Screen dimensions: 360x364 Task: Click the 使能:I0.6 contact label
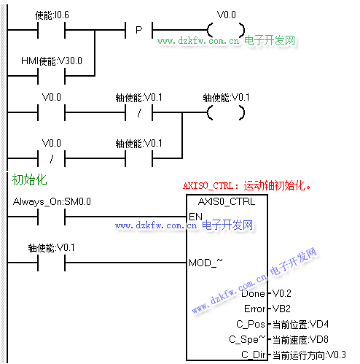(52, 15)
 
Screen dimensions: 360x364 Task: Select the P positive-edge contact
(138, 30)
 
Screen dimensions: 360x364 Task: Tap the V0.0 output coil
(226, 30)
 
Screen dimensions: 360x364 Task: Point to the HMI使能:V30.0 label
(52, 61)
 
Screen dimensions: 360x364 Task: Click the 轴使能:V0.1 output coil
(226, 112)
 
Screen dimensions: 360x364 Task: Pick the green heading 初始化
(29, 179)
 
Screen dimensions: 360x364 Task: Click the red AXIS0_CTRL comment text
(247, 186)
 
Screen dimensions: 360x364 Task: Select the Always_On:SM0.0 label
(52, 201)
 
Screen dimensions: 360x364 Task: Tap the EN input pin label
(195, 217)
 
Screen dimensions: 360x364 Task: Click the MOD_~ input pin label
(206, 263)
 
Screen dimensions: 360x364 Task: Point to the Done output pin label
(253, 293)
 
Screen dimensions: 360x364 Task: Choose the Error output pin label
(255, 309)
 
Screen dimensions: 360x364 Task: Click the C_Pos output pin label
(251, 324)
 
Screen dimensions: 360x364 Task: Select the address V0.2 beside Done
(282, 293)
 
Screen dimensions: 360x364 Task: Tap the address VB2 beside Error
(281, 309)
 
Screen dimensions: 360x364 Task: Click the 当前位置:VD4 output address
(300, 325)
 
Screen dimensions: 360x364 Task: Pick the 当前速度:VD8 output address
(300, 340)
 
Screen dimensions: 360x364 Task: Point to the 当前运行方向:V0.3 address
(309, 355)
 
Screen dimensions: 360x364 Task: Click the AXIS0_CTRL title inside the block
(227, 201)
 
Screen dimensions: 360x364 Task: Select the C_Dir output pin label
(254, 355)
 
